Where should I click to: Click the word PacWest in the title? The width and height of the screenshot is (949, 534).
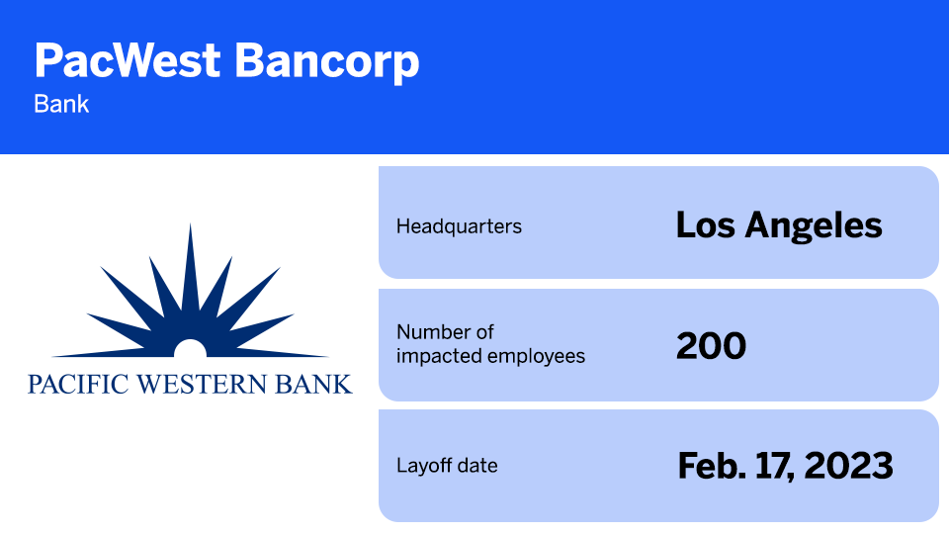click(126, 61)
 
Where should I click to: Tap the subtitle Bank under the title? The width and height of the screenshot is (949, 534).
click(61, 103)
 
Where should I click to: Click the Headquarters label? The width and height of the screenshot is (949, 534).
click(459, 226)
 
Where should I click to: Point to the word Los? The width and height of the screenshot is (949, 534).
click(704, 225)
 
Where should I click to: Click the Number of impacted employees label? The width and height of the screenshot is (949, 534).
click(490, 344)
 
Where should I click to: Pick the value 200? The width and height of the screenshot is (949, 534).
click(711, 346)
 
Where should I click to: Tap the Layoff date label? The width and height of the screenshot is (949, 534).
click(447, 465)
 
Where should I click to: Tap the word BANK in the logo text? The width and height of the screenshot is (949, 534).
click(317, 384)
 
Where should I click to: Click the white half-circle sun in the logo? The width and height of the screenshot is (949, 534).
click(190, 347)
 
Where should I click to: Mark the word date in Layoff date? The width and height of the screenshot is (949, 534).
click(477, 465)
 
